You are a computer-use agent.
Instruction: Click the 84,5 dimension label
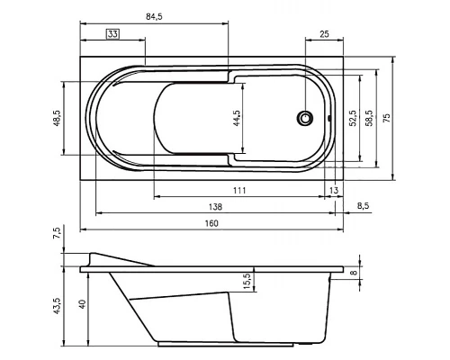coord(154,16)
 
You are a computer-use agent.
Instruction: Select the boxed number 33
coord(112,34)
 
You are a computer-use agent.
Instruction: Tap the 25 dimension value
coord(324,34)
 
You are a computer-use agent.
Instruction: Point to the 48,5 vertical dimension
coord(57,118)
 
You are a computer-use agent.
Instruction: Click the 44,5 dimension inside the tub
coord(237,118)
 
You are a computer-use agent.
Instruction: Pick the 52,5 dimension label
coord(353,118)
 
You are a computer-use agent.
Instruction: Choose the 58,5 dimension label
coord(369,118)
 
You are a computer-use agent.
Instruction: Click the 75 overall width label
coord(387,118)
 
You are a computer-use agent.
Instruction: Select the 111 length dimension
coord(239,190)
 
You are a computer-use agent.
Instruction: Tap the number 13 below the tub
coord(334,190)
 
